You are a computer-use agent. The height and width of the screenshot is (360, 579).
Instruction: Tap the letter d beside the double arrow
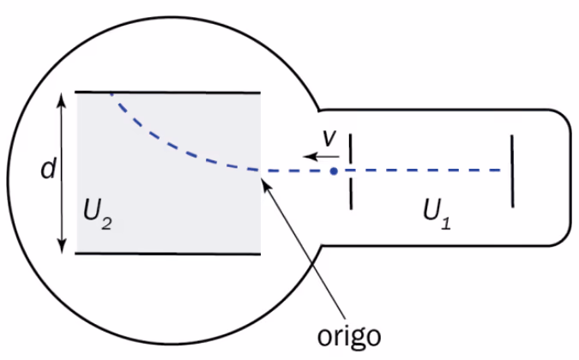[x=48, y=168]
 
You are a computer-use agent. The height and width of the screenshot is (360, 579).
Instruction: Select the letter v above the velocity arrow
[x=329, y=138]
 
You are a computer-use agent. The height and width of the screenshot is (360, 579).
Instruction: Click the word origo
[x=349, y=336]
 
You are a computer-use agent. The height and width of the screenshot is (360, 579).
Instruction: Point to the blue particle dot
[x=334, y=171]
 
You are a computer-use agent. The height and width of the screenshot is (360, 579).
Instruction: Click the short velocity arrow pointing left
[x=321, y=157]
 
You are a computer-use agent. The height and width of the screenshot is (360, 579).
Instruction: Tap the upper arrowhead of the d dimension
[x=62, y=99]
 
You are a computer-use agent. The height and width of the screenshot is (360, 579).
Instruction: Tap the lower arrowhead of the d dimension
[x=62, y=246]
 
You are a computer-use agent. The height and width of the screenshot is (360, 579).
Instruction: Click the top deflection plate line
[x=167, y=93]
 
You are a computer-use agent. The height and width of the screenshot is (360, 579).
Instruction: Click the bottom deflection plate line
[x=167, y=254]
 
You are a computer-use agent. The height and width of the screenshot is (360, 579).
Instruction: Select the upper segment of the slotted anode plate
[x=351, y=148]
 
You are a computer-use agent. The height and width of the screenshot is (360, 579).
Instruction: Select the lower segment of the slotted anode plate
[x=351, y=195]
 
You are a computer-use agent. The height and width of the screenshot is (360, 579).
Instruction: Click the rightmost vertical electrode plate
[x=512, y=171]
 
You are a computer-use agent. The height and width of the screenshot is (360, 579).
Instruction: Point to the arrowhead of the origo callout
[x=265, y=183]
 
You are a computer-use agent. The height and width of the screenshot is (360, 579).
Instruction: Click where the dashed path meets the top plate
[x=110, y=93]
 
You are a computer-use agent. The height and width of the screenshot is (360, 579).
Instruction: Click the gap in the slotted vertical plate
[x=351, y=171]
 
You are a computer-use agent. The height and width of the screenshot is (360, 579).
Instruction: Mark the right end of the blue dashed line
[x=501, y=171]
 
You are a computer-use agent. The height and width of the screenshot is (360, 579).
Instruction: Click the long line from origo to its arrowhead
[x=303, y=251]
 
